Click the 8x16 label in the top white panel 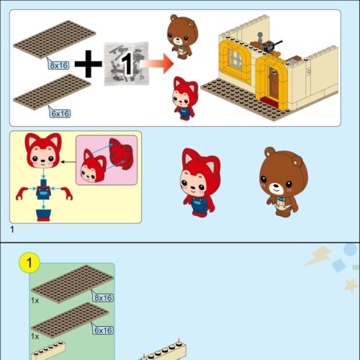[x=58, y=66]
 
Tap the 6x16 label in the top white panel [x=60, y=114]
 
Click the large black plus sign [x=89, y=64]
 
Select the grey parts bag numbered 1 [x=126, y=64]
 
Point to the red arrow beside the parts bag [x=157, y=64]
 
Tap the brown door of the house [x=273, y=84]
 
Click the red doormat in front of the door [x=271, y=101]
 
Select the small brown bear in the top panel [x=182, y=37]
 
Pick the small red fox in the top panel [x=185, y=99]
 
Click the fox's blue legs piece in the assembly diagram [x=43, y=215]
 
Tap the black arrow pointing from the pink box [x=68, y=162]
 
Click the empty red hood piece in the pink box [x=121, y=153]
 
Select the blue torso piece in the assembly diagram [x=43, y=190]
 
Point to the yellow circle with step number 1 [x=30, y=263]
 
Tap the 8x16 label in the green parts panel [x=103, y=298]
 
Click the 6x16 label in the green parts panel [x=103, y=330]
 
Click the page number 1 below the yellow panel [x=12, y=230]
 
